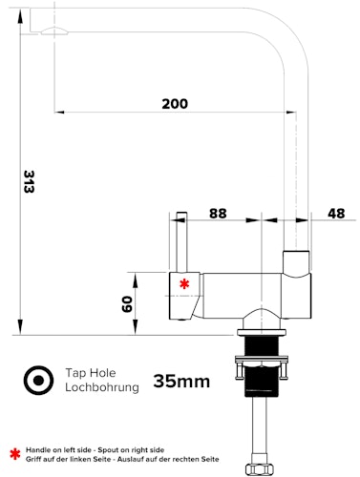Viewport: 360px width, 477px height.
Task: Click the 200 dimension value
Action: point(174,103)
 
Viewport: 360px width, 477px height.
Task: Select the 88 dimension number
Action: point(218,214)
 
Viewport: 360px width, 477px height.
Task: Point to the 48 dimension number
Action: point(335,214)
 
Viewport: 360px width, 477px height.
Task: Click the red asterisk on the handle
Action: point(184,283)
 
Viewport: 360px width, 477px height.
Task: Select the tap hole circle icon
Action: point(37,380)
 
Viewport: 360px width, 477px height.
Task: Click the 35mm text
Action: point(181,382)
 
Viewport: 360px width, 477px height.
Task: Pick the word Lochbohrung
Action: point(102,387)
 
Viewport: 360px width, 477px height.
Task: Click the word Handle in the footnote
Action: point(39,448)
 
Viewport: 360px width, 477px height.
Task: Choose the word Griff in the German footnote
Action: point(34,459)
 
